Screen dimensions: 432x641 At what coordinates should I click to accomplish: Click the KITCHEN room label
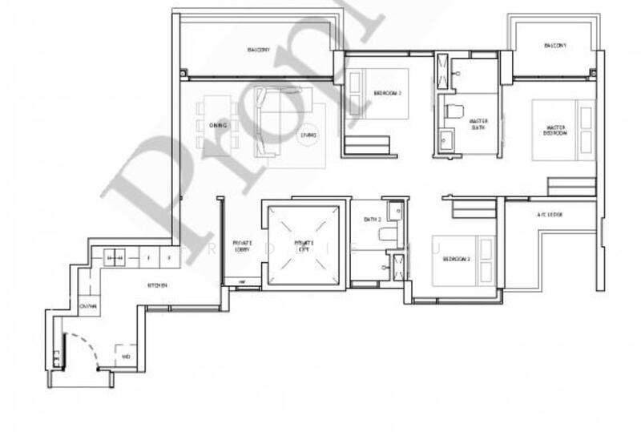156,285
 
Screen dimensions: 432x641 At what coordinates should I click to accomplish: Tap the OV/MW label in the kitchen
88,306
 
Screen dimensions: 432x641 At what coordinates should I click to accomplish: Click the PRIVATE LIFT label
304,244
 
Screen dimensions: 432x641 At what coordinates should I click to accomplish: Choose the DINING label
218,126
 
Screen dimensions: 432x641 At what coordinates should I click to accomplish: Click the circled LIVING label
308,135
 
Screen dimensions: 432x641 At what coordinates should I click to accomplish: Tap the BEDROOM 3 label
387,94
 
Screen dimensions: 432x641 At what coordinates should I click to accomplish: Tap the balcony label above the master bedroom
555,46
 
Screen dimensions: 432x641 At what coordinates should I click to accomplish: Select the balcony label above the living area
258,50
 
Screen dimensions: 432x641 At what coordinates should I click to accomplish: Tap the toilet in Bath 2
387,234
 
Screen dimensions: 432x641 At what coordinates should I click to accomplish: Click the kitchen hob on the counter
114,258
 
